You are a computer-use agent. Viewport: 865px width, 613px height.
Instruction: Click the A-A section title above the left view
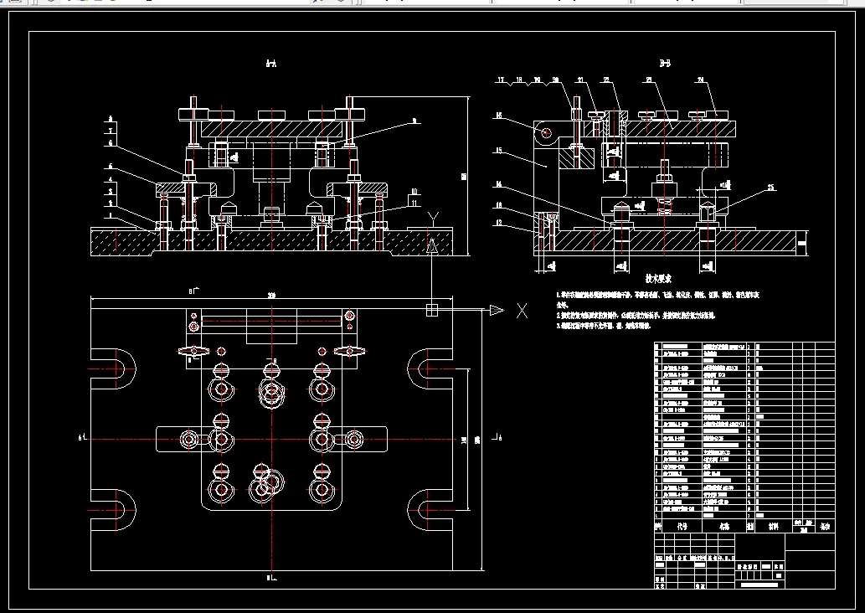coord(270,63)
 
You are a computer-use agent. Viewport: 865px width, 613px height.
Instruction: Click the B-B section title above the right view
coord(666,63)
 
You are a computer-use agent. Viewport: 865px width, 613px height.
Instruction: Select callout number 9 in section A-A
coord(414,121)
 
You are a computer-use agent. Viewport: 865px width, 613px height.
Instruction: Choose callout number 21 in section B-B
coord(580,80)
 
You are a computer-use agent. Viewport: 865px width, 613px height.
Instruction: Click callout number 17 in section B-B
coord(502,80)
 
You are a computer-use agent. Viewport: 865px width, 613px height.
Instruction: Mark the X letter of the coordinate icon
coord(522,311)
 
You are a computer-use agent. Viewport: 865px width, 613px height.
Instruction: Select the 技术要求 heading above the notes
coord(659,277)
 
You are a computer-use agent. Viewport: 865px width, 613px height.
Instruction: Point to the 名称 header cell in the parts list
coord(725,528)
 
